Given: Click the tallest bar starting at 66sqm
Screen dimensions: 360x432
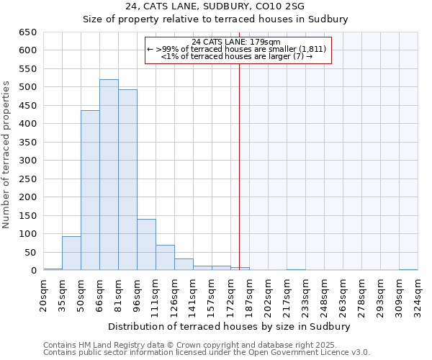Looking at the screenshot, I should point(109,175).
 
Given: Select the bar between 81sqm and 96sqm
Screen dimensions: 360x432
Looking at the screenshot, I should point(127,180).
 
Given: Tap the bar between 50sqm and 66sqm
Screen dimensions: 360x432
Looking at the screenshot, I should point(90,191).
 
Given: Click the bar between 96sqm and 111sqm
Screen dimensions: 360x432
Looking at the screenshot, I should point(146,245).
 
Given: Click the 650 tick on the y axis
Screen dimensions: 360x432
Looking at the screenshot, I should point(28,32).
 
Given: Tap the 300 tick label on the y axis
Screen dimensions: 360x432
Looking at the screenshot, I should point(28,161).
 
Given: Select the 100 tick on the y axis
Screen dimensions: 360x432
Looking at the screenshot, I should point(28,234).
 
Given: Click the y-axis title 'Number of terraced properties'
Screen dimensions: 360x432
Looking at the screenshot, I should point(6,154).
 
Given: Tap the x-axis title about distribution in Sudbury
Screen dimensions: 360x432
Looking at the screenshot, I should point(230,326).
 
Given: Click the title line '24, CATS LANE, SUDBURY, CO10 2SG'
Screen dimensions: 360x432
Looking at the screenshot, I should point(215,6).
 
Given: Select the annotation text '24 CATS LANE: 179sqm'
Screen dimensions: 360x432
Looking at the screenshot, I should point(237,42).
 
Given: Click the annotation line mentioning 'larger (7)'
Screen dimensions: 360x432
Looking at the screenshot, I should point(237,56).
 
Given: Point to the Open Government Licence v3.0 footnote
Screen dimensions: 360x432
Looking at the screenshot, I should point(207,353).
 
